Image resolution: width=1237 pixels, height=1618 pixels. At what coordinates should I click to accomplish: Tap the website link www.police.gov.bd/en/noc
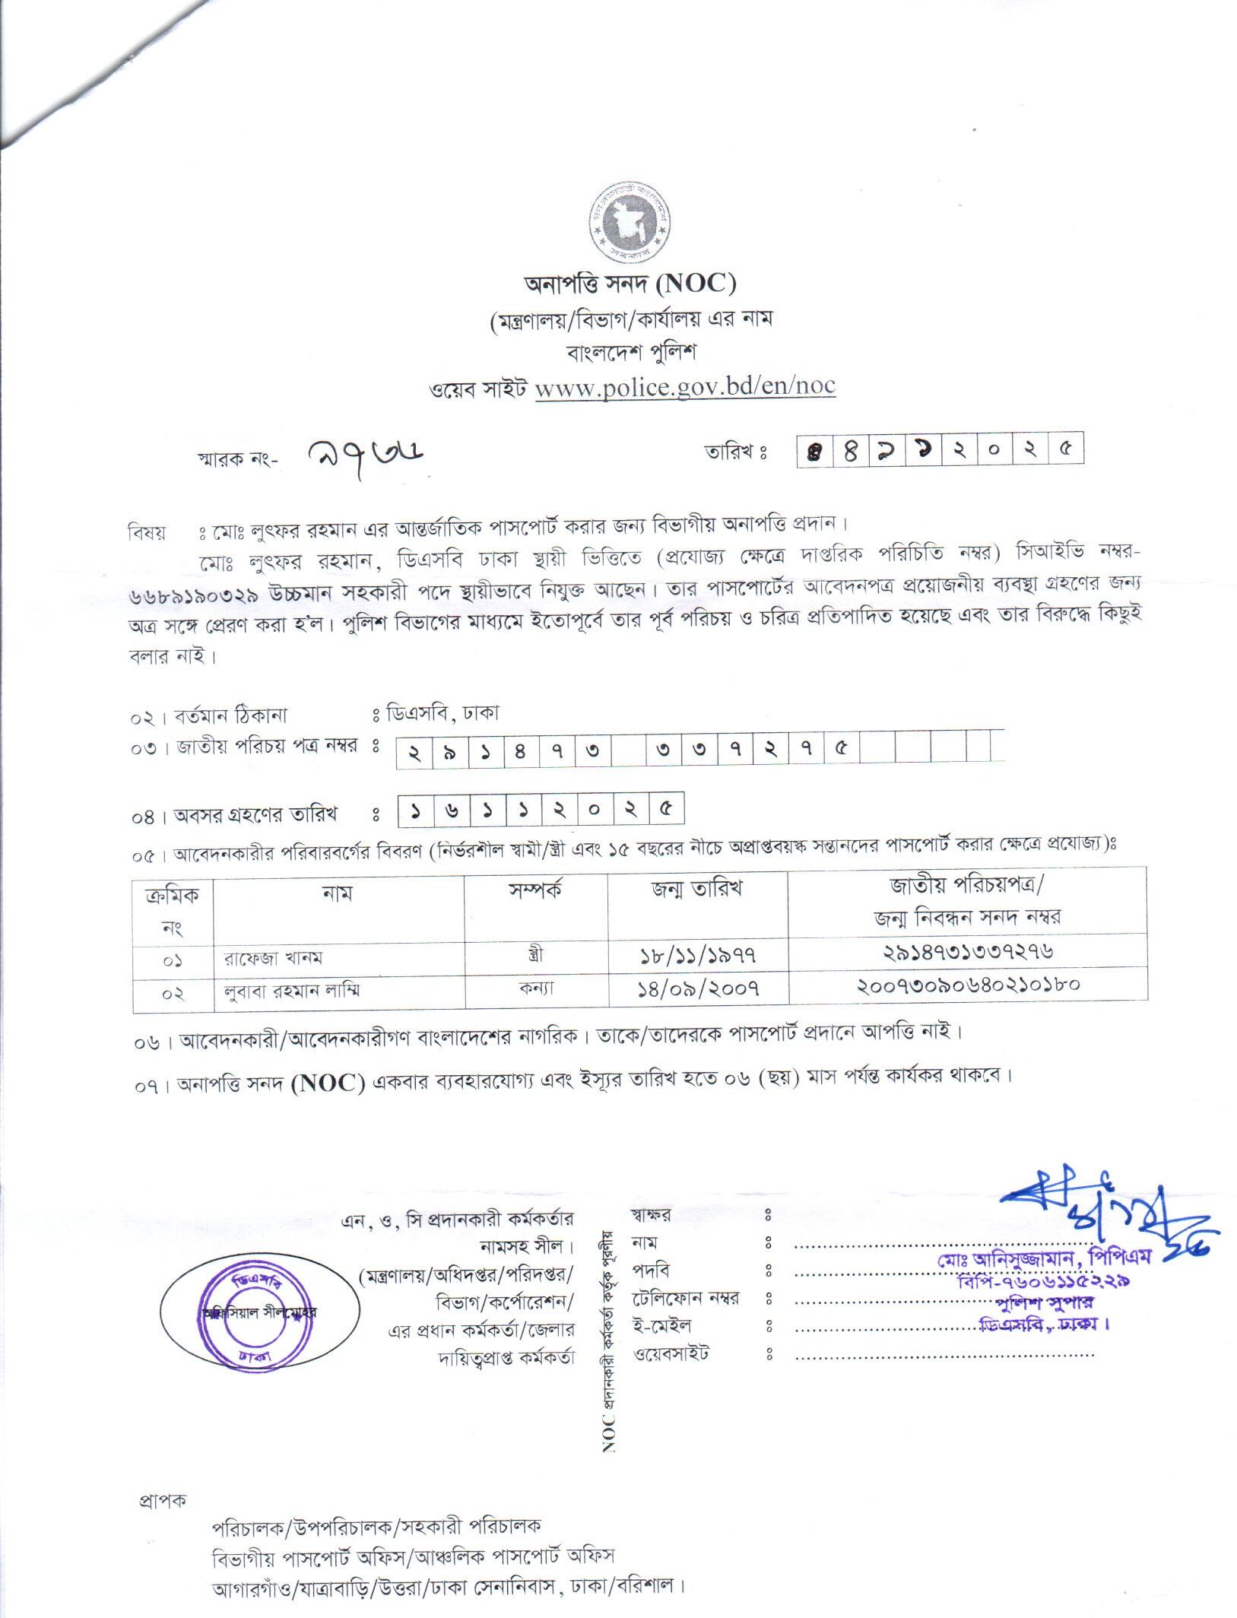click(x=685, y=386)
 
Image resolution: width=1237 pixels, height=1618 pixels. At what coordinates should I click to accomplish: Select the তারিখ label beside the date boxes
click(x=735, y=452)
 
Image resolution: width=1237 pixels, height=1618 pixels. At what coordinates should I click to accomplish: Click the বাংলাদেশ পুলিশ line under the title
click(x=631, y=353)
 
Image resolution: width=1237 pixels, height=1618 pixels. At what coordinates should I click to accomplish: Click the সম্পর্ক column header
click(x=536, y=891)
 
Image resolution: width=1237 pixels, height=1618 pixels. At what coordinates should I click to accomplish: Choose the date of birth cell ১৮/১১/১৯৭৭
click(x=698, y=955)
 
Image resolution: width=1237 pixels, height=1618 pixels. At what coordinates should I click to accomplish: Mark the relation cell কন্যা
click(x=536, y=988)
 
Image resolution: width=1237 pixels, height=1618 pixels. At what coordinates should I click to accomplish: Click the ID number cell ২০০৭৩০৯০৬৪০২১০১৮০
click(x=968, y=986)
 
